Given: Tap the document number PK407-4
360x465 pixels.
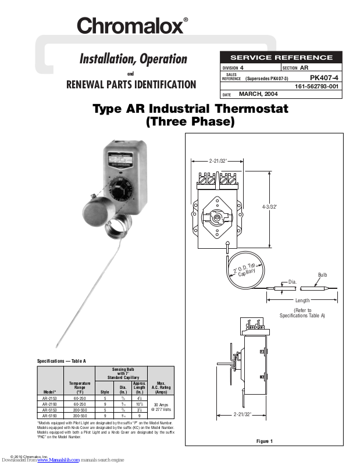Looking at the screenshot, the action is click(326, 77).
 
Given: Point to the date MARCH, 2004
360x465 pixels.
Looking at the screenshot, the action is click(258, 94).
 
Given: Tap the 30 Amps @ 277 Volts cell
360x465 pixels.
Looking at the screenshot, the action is click(160, 407).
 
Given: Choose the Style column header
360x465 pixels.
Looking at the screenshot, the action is click(105, 392).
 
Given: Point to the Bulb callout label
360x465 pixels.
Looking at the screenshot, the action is click(323, 274).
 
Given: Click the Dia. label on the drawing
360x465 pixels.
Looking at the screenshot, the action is click(293, 281).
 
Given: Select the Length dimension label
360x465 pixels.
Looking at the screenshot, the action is click(302, 301).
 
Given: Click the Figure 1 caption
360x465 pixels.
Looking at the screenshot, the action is click(264, 441).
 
